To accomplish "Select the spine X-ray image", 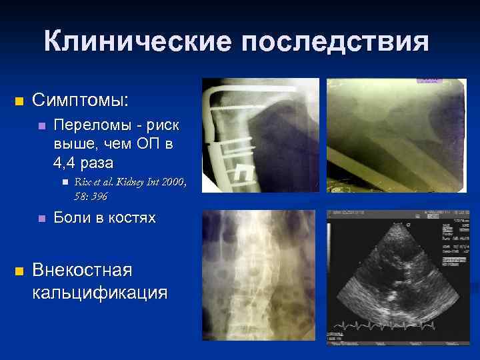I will coord(259,276).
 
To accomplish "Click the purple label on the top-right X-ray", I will coord(429,79).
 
